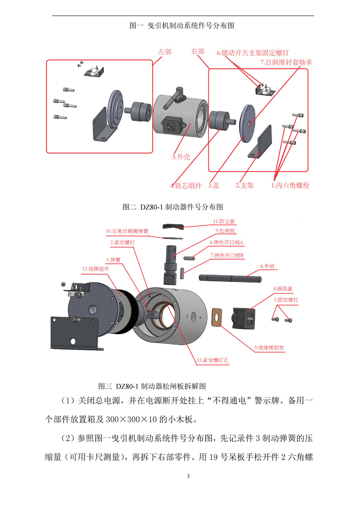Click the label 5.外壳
pyautogui.click(x=181, y=157)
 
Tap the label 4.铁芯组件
pyautogui.click(x=186, y=185)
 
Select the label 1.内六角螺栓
pyautogui.click(x=290, y=185)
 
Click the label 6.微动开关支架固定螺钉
pyautogui.click(x=252, y=53)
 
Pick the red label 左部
pyautogui.click(x=165, y=52)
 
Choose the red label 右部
pyautogui.click(x=198, y=51)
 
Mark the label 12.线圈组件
pyautogui.click(x=95, y=269)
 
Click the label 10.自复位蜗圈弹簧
pyautogui.click(x=127, y=231)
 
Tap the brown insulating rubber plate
pyautogui.click(x=216, y=316)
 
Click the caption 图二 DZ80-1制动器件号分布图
pyautogui.click(x=172, y=207)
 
